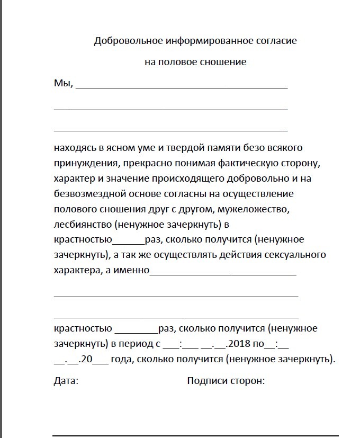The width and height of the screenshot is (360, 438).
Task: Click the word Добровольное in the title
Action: click(121, 41)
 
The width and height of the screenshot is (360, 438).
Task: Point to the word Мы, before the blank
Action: click(63, 83)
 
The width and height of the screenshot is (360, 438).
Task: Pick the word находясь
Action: click(74, 147)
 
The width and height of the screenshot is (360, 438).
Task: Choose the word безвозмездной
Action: click(88, 193)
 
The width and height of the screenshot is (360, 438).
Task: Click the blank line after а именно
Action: click(223, 274)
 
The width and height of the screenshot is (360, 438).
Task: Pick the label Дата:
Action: click(66, 381)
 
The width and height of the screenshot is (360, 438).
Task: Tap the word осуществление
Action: click(260, 193)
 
